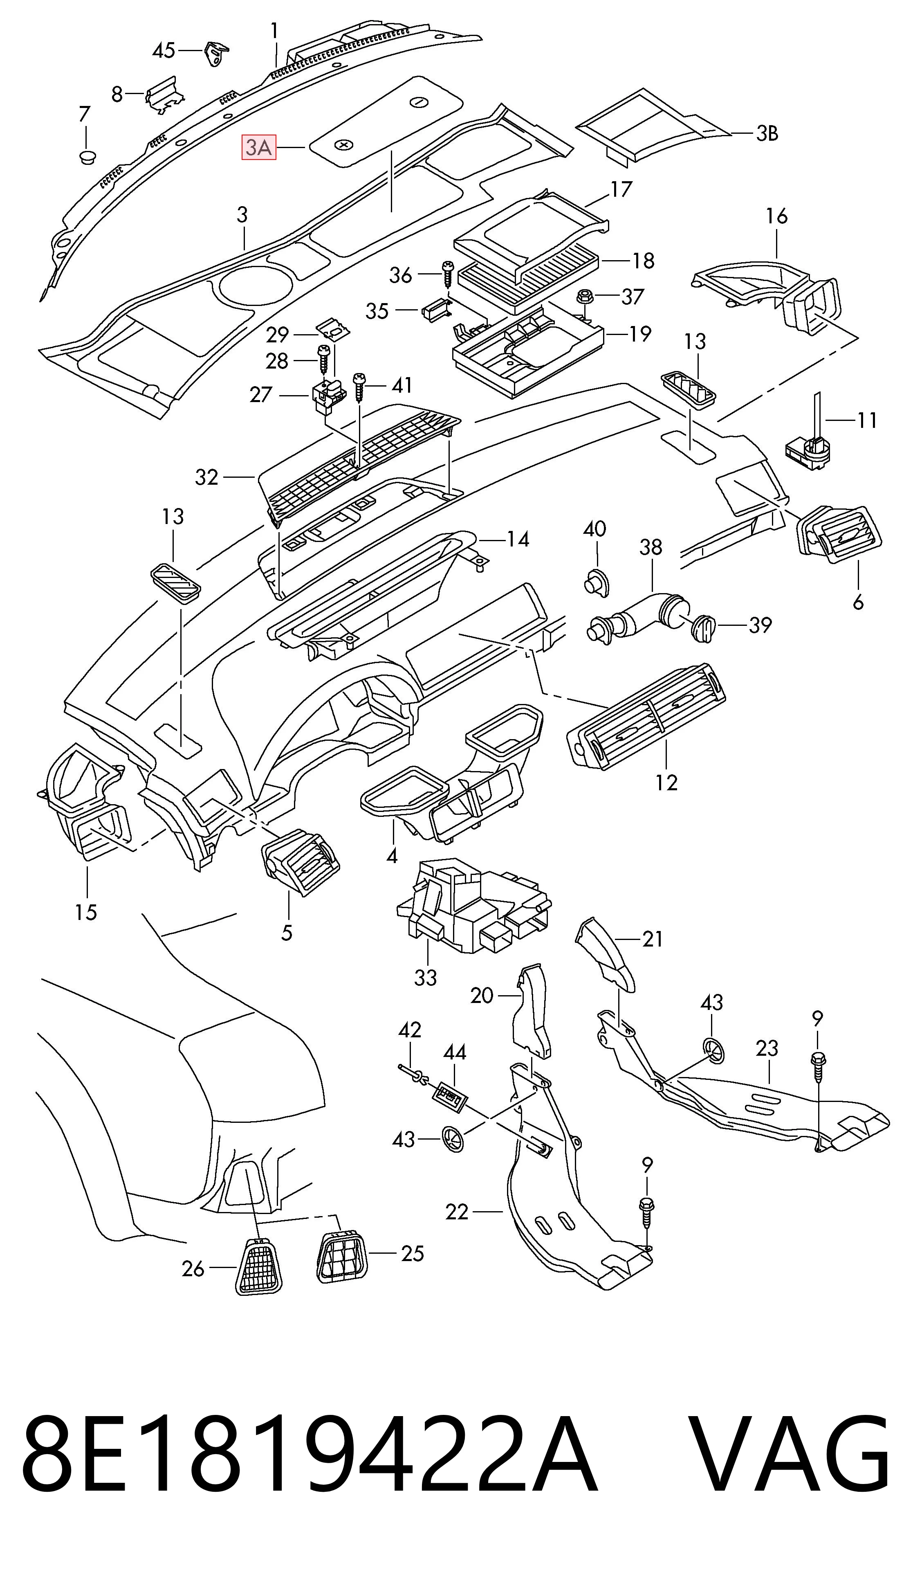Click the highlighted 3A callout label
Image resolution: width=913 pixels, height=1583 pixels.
pos(259,148)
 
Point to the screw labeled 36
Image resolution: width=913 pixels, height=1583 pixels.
pos(448,274)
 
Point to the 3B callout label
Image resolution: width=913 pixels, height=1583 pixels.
pos(767,134)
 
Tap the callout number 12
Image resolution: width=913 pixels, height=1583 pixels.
pos(666,783)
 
